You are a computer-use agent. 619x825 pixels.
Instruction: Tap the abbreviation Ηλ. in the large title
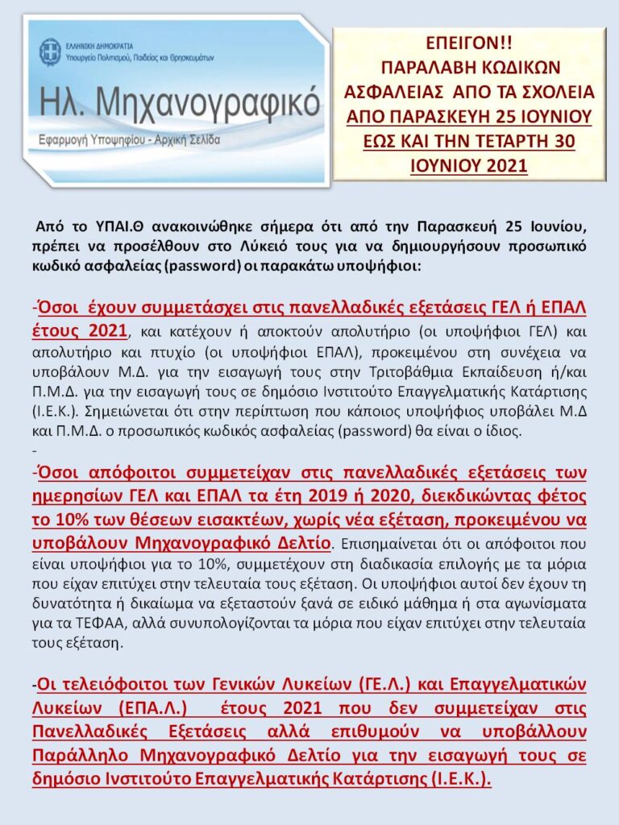(x=63, y=103)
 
